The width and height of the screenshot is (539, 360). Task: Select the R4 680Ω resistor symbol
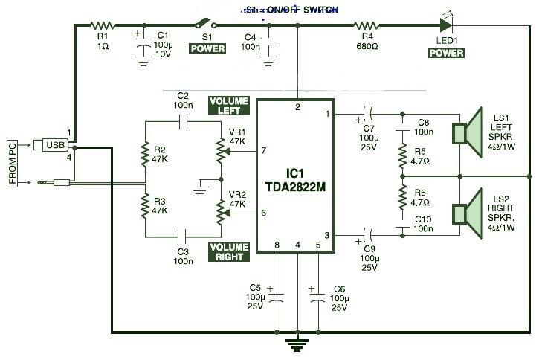[x=367, y=25]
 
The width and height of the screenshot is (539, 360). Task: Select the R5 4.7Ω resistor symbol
[x=402, y=157]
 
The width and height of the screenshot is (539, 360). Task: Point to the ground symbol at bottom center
[x=297, y=344]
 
